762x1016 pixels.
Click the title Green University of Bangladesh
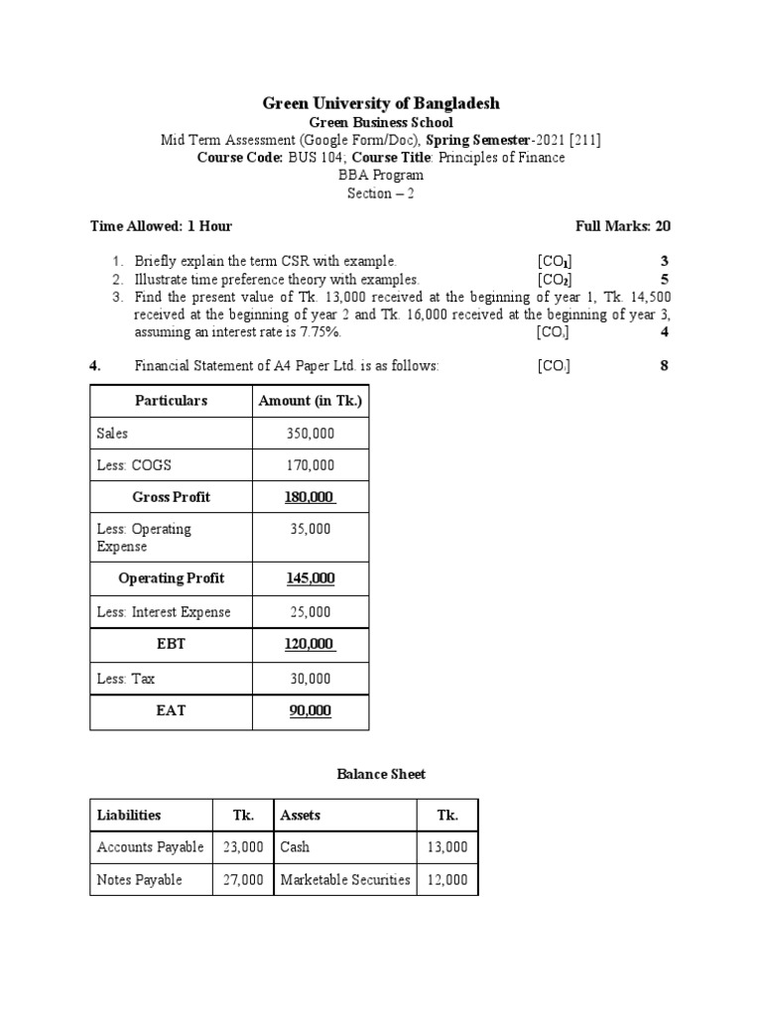[380, 103]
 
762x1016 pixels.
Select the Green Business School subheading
[381, 122]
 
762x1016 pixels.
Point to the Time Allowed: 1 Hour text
[161, 226]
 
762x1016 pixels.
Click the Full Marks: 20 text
[623, 226]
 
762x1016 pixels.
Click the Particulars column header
[171, 401]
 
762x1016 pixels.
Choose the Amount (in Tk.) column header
[311, 401]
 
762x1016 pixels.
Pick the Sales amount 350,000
[311, 434]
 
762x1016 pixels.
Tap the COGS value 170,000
[311, 465]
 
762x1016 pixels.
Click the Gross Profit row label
[171, 497]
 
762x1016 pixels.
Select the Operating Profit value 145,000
[311, 578]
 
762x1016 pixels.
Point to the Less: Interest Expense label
[164, 612]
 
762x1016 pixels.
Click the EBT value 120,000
[311, 644]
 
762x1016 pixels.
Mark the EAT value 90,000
[311, 711]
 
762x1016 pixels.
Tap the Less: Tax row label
[126, 680]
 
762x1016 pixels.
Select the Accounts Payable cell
[150, 847]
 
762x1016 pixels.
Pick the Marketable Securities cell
[345, 880]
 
